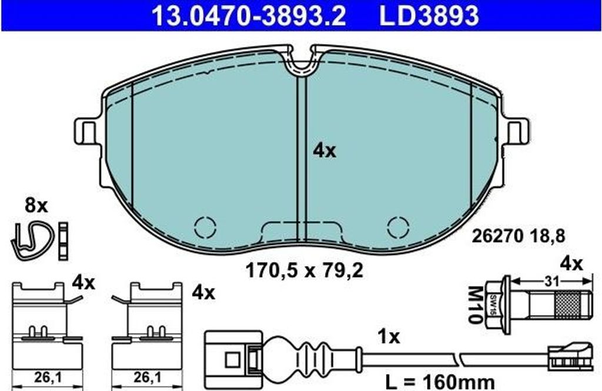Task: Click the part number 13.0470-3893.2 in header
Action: point(249,15)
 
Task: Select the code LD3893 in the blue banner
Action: point(429,15)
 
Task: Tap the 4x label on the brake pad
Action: point(324,151)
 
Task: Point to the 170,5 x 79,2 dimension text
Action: point(304,271)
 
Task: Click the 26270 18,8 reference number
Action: point(518,236)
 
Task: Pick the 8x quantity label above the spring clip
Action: point(36,206)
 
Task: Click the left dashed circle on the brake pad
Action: point(205,227)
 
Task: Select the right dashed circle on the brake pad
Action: point(398,227)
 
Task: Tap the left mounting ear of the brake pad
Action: point(88,131)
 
